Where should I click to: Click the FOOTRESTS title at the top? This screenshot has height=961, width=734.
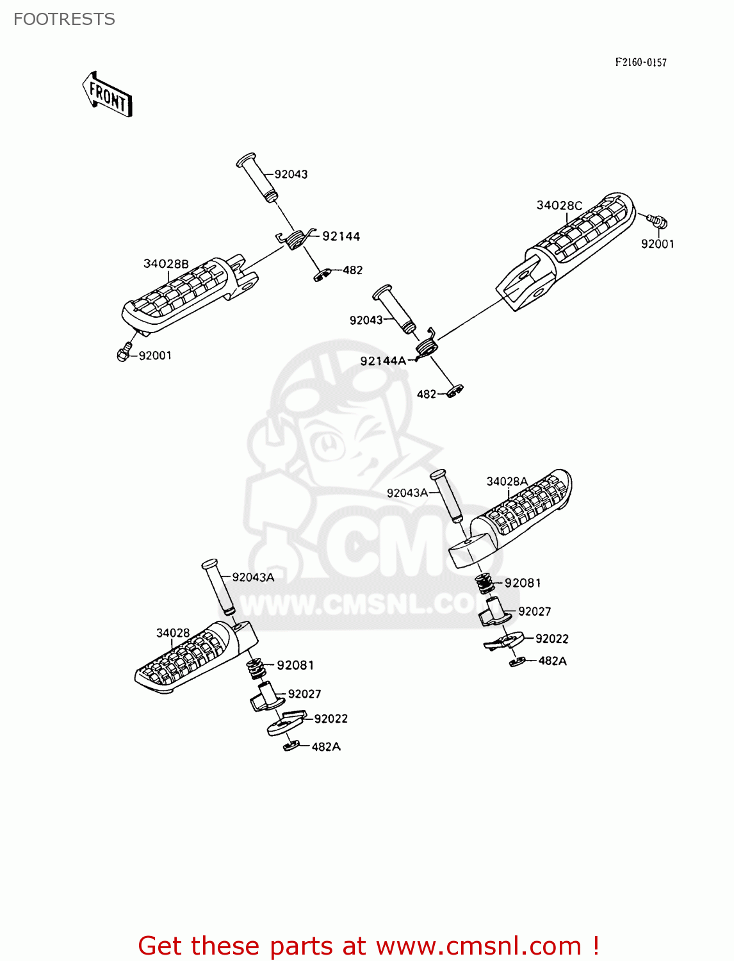(64, 19)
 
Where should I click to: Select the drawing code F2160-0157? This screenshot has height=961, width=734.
(640, 62)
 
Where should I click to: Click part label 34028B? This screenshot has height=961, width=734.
(166, 264)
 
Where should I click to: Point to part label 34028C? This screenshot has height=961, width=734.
(559, 205)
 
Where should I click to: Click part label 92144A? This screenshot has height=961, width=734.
(382, 361)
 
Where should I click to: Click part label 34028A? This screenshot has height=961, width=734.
(507, 481)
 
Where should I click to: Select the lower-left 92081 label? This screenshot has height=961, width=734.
(295, 665)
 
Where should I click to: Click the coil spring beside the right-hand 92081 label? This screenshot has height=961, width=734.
(485, 583)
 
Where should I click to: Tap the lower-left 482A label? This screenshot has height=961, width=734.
(326, 746)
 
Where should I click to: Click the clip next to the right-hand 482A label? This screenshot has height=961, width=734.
(518, 661)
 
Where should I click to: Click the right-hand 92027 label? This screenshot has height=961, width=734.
(534, 611)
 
